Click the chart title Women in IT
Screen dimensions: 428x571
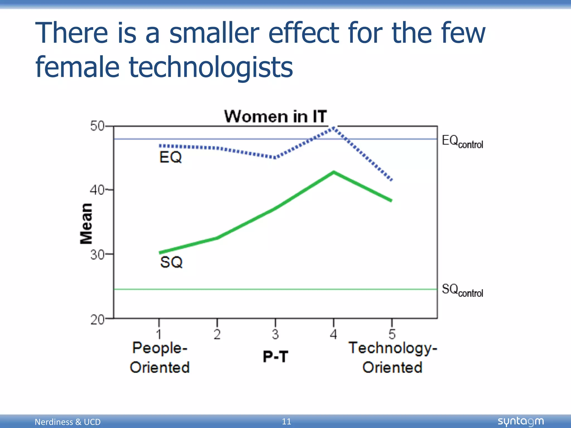pyautogui.click(x=275, y=116)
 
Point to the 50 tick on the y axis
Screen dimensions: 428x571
pyautogui.click(x=97, y=126)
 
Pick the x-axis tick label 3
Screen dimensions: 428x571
pyautogui.click(x=275, y=334)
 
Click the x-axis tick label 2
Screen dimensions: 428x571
pyautogui.click(x=217, y=334)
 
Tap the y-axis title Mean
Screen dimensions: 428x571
pyautogui.click(x=86, y=224)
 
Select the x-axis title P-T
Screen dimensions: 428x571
pyautogui.click(x=275, y=357)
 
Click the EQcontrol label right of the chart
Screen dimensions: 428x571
pyautogui.click(x=462, y=142)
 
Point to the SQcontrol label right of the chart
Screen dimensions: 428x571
pyautogui.click(x=462, y=290)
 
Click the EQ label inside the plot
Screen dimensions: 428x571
pyautogui.click(x=170, y=157)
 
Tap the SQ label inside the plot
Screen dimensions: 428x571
pyautogui.click(x=171, y=262)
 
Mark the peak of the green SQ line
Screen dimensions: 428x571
pyautogui.click(x=334, y=172)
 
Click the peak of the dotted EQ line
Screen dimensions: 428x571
pyautogui.click(x=334, y=128)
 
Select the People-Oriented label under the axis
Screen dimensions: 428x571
pyautogui.click(x=160, y=358)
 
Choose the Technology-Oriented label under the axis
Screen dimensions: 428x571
pyautogui.click(x=393, y=358)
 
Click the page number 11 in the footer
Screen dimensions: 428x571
pyautogui.click(x=286, y=421)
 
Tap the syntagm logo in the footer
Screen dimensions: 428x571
pyautogui.click(x=521, y=421)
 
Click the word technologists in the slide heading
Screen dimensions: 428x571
pyautogui.click(x=211, y=67)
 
